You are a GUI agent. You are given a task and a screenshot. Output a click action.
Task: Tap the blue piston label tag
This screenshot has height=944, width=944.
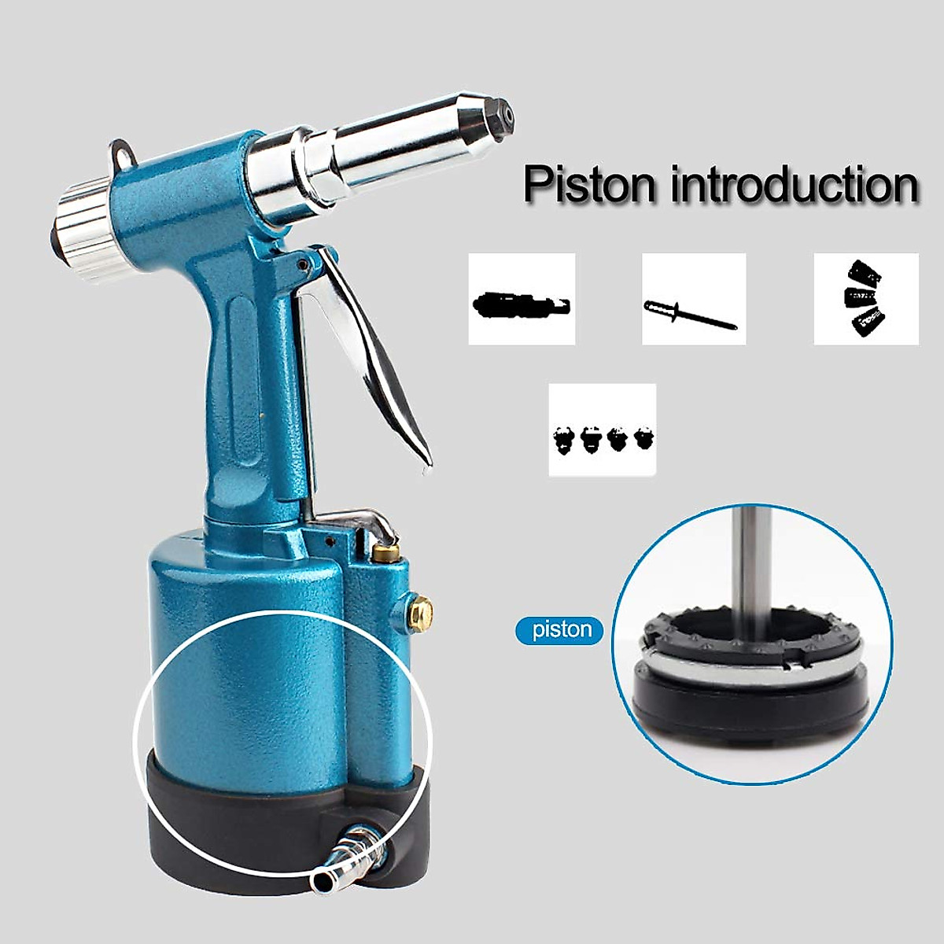[x=562, y=630]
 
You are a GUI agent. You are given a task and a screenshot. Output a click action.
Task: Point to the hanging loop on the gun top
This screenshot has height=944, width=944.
[x=120, y=153]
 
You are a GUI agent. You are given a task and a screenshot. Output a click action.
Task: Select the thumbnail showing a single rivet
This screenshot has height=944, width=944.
[x=693, y=299]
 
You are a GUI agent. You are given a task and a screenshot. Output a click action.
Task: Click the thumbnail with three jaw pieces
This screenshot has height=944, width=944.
[x=865, y=299]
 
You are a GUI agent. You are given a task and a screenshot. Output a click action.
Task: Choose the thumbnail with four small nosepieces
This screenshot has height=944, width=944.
[x=603, y=430]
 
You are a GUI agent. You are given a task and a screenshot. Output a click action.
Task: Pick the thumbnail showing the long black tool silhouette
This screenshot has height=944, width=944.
[x=522, y=299]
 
